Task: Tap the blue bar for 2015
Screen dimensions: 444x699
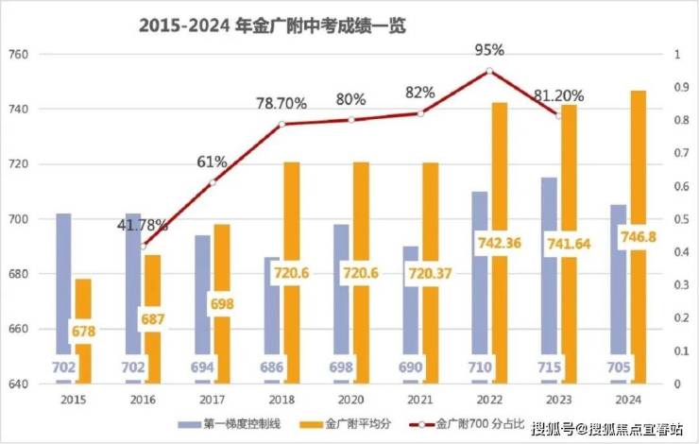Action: [x=63, y=283]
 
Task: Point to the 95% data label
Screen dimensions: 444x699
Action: [x=490, y=49]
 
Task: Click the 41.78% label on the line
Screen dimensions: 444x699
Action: [x=143, y=226]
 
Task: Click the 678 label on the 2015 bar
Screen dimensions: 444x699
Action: [x=83, y=333]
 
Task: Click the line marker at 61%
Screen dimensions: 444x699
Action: [x=213, y=182]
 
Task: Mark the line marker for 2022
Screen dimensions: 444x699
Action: [x=489, y=71]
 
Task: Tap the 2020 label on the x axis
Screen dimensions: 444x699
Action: [x=350, y=400]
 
